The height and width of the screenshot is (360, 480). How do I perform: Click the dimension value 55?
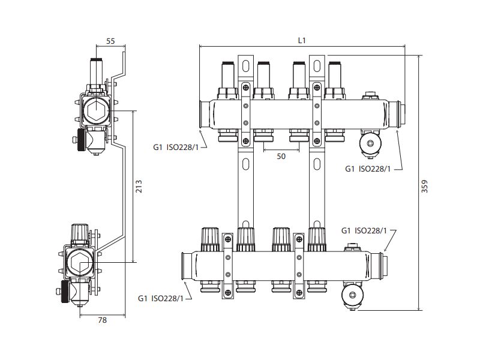[x=110, y=41]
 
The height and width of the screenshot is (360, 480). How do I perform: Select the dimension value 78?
[x=102, y=320]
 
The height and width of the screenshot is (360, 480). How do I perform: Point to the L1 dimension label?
[x=302, y=40]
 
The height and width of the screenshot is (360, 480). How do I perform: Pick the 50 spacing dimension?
[x=281, y=156]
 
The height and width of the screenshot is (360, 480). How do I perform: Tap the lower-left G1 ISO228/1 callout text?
[x=160, y=298]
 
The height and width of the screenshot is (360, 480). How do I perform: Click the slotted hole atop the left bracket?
[x=245, y=64]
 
